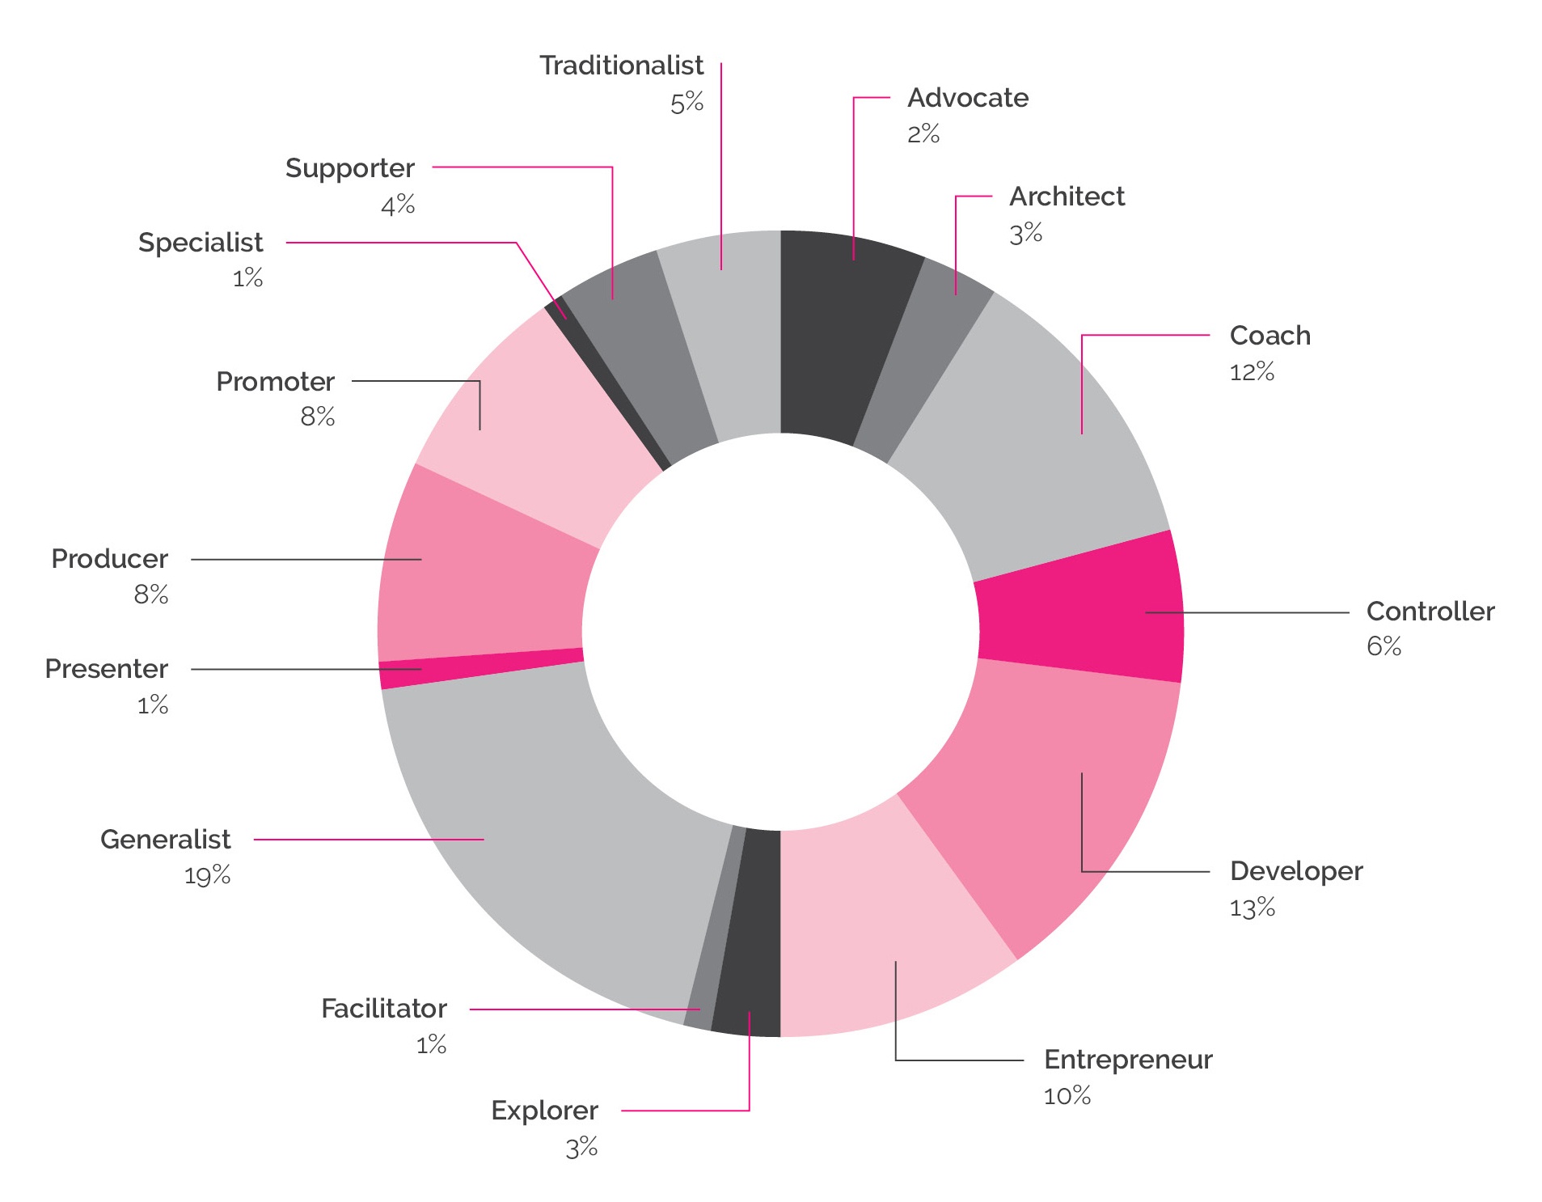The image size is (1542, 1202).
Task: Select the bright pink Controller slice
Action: (1079, 615)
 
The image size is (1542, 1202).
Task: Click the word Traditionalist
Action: (621, 66)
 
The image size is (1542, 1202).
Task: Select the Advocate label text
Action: (967, 98)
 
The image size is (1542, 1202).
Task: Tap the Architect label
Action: (1067, 197)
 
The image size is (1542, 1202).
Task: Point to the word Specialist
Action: (201, 243)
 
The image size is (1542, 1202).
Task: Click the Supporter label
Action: (349, 168)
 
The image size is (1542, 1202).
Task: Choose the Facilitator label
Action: (383, 1009)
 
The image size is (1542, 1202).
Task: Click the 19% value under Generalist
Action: (207, 876)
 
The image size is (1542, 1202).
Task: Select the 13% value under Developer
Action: (1252, 908)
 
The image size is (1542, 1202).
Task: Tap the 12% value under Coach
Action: (1252, 372)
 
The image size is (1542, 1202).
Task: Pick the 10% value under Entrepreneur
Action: (1067, 1097)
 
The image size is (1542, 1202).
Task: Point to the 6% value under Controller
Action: (1384, 646)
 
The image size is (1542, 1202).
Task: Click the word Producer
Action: (109, 559)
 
